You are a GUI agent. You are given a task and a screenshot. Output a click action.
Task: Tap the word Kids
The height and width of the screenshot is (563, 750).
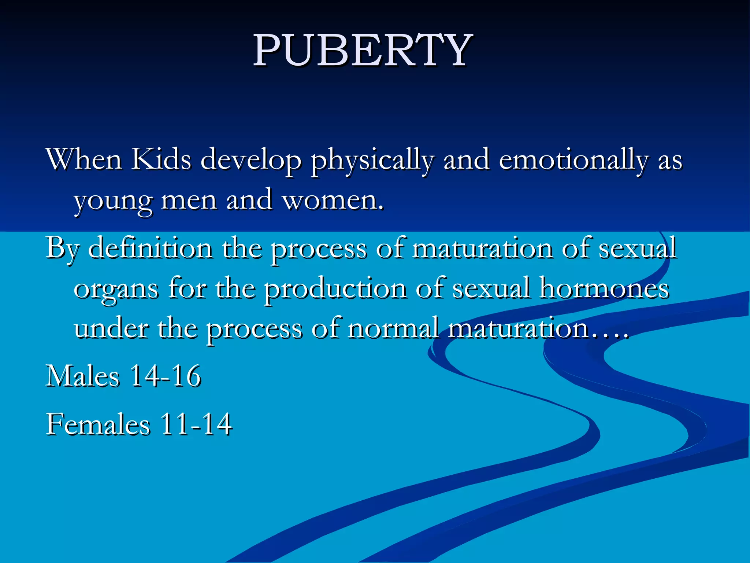[161, 159]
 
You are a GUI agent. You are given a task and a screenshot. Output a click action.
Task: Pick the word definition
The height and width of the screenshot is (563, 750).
[150, 248]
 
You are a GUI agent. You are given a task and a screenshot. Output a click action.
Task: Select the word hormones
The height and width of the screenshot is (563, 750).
[604, 288]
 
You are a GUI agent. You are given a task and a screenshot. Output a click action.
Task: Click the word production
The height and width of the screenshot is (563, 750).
[335, 289]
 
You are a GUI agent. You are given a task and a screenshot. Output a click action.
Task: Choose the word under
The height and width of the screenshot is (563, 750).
[111, 328]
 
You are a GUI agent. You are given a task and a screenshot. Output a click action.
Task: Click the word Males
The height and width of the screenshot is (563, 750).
[83, 376]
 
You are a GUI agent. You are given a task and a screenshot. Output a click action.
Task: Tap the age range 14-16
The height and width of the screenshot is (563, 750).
[165, 376]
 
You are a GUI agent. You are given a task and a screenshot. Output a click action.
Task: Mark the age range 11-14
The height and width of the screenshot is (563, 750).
[196, 424]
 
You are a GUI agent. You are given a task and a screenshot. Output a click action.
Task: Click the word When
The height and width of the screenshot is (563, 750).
[84, 159]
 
